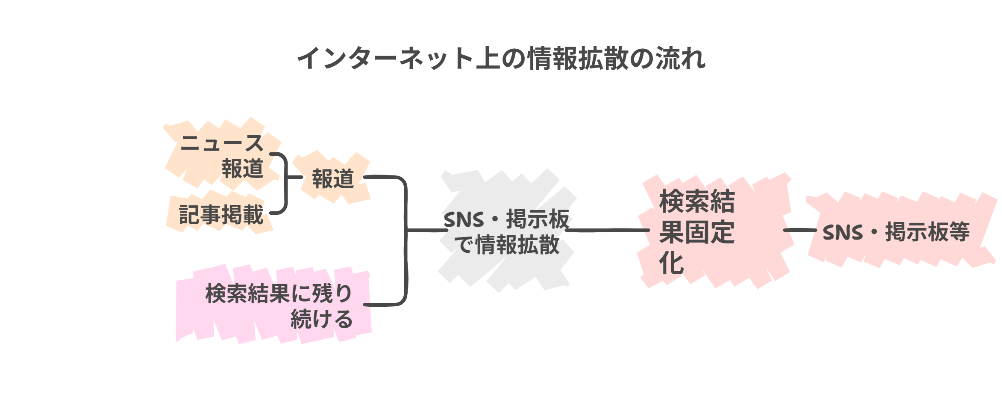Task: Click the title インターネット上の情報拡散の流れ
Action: tap(501, 58)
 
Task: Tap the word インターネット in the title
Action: tap(385, 58)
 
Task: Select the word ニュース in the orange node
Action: tap(222, 143)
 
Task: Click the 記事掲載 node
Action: tap(221, 214)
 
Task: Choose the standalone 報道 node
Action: tap(333, 178)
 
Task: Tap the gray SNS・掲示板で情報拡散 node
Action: tap(506, 232)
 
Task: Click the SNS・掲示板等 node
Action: tap(896, 232)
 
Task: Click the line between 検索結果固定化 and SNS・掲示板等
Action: tap(799, 230)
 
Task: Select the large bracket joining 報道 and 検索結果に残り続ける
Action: tap(405, 240)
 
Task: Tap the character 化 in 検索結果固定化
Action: tap(672, 263)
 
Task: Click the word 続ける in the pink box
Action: tap(321, 319)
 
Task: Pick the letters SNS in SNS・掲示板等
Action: tap(843, 233)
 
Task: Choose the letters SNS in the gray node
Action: tap(464, 220)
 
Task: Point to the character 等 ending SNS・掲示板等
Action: tap(959, 232)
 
